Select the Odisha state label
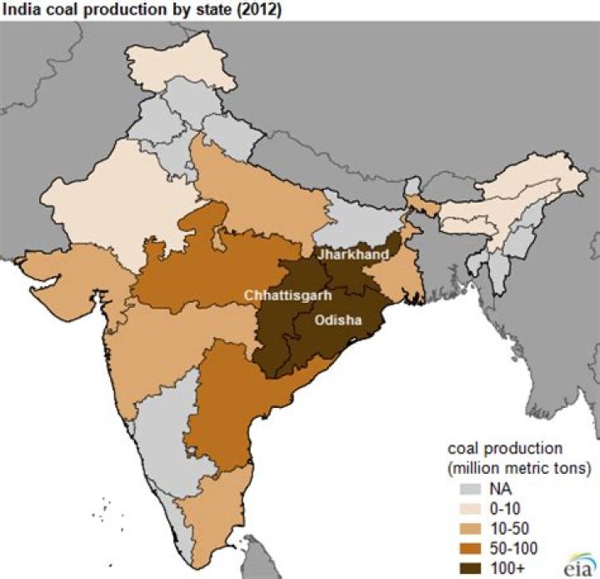point(337,319)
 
